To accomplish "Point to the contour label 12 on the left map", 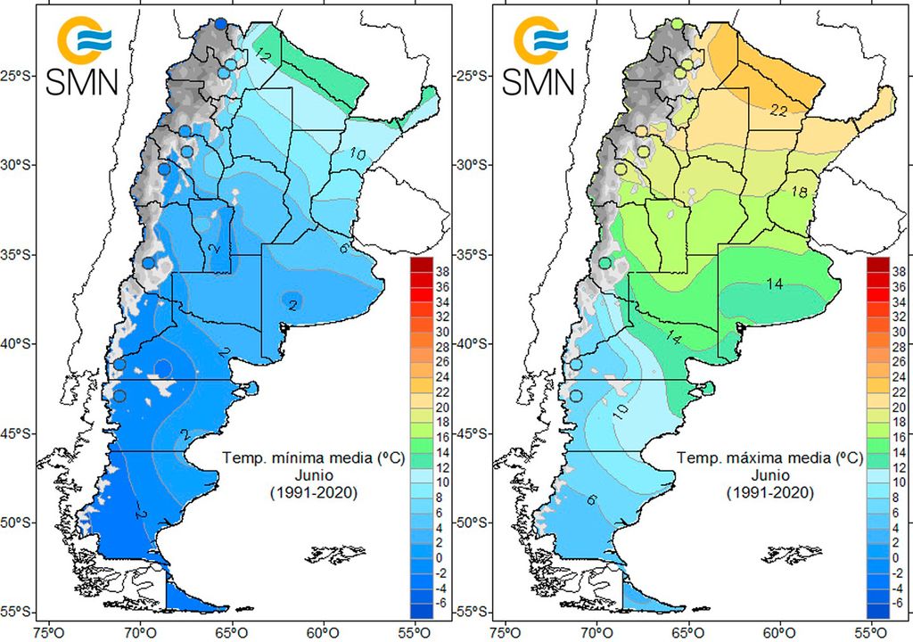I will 263,55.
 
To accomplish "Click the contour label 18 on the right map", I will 797,192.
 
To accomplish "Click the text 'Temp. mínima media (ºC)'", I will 313,459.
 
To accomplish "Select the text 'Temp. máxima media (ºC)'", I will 769,459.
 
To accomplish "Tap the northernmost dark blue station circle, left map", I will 221,23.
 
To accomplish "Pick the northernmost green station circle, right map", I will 678,23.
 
